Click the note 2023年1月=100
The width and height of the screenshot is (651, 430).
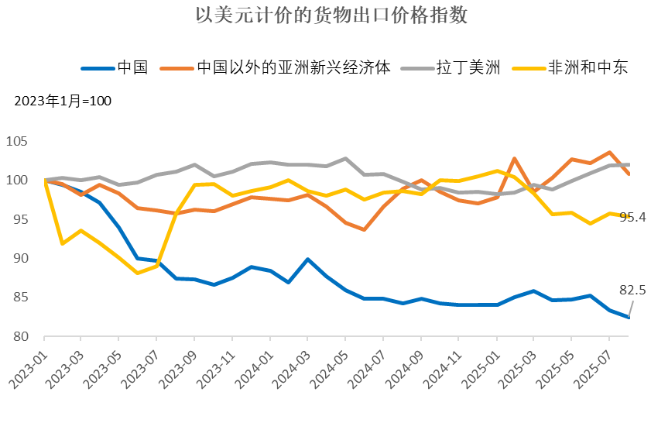point(63,101)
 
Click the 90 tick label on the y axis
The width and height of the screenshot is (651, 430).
point(29,259)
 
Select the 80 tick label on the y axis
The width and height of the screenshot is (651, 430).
point(29,337)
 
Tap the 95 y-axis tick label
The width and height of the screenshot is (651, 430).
point(29,220)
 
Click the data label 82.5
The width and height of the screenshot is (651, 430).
point(632,291)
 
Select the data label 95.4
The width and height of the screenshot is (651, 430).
point(632,218)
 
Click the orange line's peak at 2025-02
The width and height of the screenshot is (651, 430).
point(515,159)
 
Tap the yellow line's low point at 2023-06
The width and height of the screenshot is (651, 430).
point(137,273)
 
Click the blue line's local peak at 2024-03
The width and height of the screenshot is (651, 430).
point(307,260)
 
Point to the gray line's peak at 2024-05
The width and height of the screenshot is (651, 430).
point(345,159)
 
